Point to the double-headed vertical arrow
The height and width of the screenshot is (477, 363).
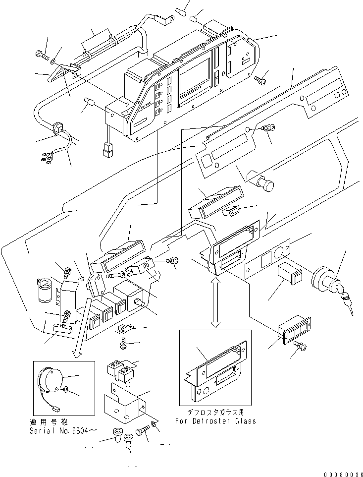click(215, 302)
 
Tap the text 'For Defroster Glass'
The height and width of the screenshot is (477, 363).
click(215, 421)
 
